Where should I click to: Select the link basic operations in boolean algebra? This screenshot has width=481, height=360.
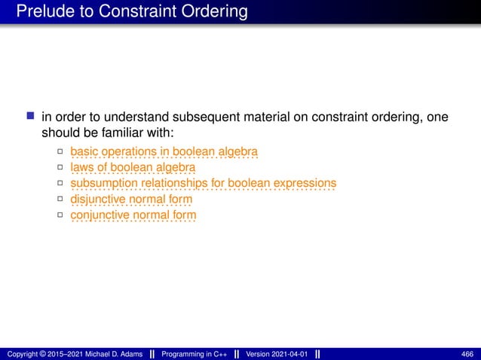click(x=164, y=152)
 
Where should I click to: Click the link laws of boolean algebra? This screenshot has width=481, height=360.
click(x=133, y=167)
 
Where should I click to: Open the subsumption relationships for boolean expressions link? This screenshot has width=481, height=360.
click(x=203, y=183)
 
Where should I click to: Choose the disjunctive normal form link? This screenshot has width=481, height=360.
click(x=131, y=199)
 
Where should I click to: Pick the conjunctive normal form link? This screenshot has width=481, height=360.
click(x=133, y=215)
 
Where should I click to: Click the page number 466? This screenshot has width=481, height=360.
click(x=467, y=354)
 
